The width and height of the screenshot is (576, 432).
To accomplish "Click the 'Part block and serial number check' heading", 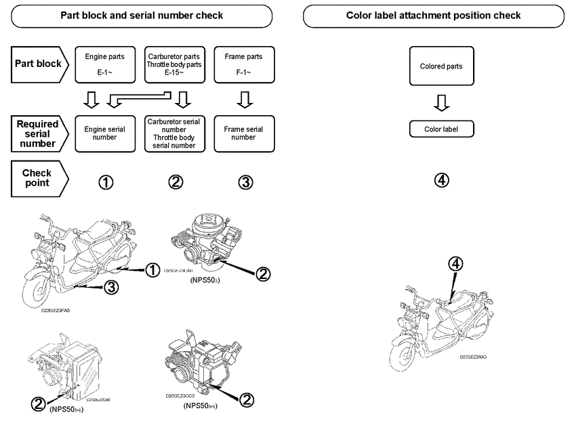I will pos(142,15).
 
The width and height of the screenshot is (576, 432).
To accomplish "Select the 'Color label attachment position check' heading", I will pos(434,15).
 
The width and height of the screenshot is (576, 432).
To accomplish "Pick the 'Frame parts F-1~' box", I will pos(244,64).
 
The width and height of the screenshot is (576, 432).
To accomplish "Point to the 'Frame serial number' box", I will pos(244,132).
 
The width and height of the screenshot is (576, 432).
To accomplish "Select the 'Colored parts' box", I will pos(441,66).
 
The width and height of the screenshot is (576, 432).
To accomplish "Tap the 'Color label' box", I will pos(441,129).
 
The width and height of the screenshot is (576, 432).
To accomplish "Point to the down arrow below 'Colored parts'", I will pos(441,102).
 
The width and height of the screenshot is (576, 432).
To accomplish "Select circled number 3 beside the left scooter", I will pos(111,287).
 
